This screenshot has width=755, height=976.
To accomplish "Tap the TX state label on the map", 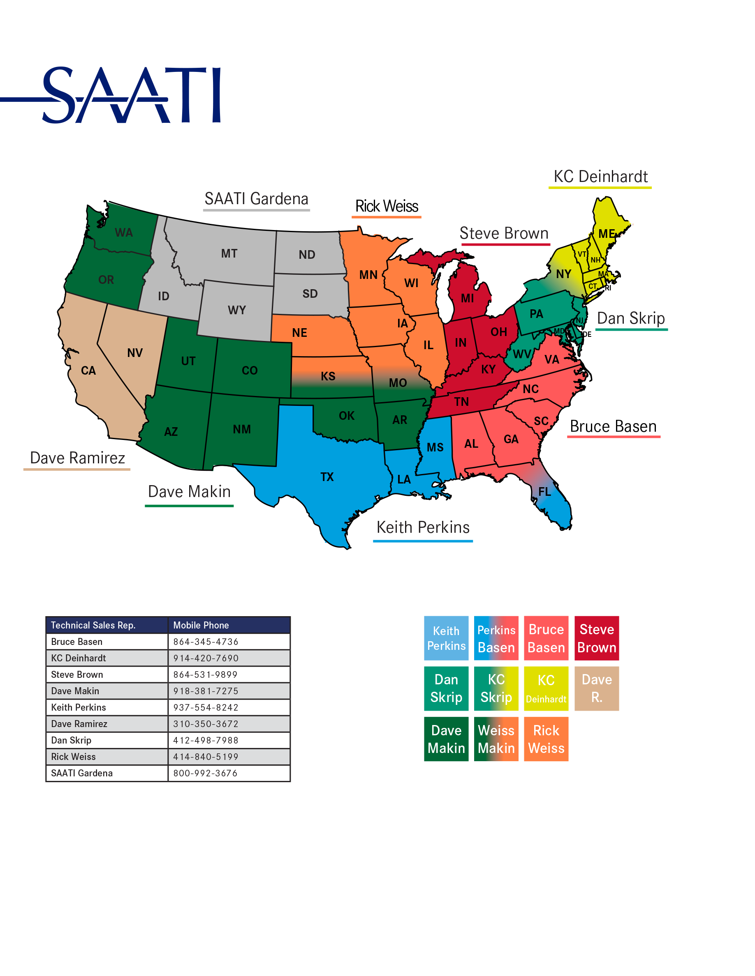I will pos(327,477).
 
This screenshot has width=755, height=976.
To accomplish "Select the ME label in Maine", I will pos(607,234).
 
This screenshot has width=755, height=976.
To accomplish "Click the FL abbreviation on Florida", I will pos(544,492).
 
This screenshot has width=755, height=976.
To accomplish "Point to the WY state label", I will pos(236,310).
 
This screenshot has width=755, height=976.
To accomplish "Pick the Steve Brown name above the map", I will pos(504,233).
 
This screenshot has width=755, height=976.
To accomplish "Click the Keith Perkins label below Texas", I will pos(423,527).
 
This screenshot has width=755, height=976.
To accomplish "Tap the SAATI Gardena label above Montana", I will pos(256,199).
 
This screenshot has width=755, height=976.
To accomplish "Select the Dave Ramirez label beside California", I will pos(77,458).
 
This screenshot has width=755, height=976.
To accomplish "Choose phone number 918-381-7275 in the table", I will pos(206,691).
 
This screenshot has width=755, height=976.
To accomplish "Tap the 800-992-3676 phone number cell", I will pos(205,773).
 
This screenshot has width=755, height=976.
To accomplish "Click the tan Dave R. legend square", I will pos(596,688).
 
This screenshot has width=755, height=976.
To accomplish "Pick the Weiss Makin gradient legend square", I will pos(496,739).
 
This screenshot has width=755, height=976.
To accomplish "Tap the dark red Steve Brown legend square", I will pos(596,638).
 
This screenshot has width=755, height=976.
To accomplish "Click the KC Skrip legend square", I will pos(496,688).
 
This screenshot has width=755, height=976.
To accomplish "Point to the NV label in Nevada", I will pos(134,352).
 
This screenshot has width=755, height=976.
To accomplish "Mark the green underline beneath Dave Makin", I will pos(189,506).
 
